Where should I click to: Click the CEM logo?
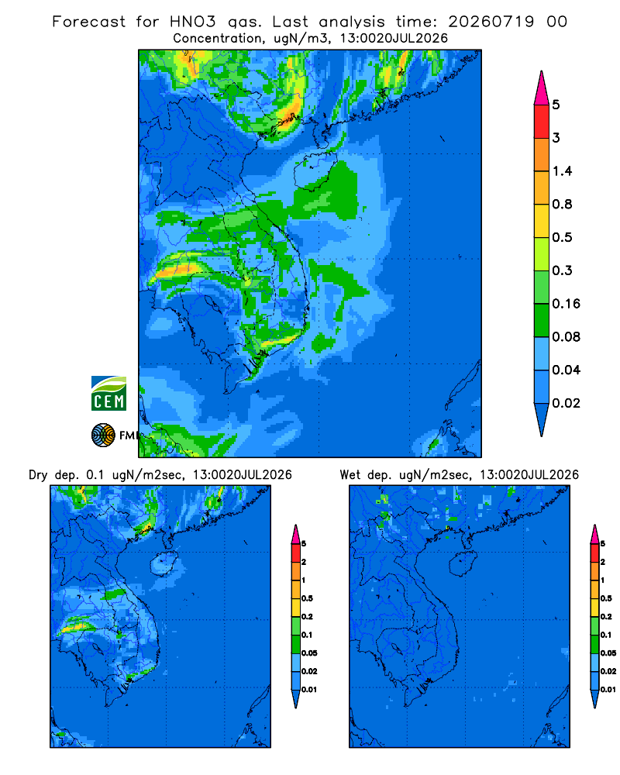(x=108, y=393)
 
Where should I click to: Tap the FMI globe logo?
(x=103, y=435)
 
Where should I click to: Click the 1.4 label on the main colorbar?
(x=562, y=171)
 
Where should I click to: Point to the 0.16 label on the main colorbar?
(x=566, y=304)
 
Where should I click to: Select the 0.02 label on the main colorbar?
(x=566, y=403)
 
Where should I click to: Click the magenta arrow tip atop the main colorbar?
(x=542, y=88)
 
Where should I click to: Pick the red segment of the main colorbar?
(x=542, y=122)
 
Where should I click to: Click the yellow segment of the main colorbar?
(x=542, y=221)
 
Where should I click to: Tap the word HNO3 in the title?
(x=192, y=21)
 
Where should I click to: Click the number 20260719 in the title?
(x=491, y=21)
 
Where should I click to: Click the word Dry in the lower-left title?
(x=38, y=475)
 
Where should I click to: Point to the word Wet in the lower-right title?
(x=350, y=475)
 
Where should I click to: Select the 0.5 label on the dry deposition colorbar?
(x=307, y=598)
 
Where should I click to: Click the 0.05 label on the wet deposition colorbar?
(x=608, y=653)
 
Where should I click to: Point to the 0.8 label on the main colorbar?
(x=562, y=204)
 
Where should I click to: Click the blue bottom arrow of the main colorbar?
(x=542, y=419)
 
